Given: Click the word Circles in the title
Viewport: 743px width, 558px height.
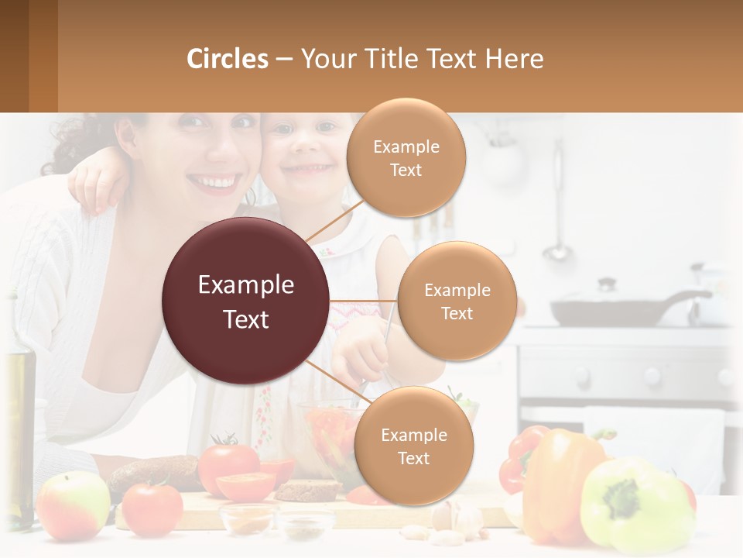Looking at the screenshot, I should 228,59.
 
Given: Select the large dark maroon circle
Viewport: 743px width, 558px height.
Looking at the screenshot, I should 246,301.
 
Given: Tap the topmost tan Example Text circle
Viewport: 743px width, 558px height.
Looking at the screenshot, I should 406,157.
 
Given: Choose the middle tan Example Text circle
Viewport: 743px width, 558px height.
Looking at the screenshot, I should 457,301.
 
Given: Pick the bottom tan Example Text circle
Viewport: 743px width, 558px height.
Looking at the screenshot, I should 413,446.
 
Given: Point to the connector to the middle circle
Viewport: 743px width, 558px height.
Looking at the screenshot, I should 364,301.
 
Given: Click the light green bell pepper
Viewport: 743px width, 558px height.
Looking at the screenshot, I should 635,504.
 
